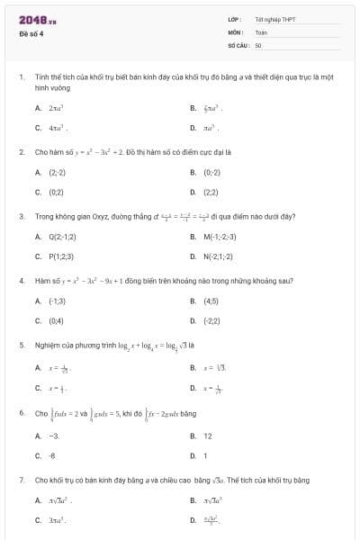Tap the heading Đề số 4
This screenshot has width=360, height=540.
point(31,34)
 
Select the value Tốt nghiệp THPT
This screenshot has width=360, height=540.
point(274,19)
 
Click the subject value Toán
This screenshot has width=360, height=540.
point(261,31)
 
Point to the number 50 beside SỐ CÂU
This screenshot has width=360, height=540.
point(258,44)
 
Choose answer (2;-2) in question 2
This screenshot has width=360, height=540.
point(57,172)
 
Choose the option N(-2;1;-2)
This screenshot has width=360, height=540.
point(220,256)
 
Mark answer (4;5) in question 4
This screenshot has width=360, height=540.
point(211,301)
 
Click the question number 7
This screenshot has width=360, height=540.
point(22,480)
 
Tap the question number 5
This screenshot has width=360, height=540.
point(22,345)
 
